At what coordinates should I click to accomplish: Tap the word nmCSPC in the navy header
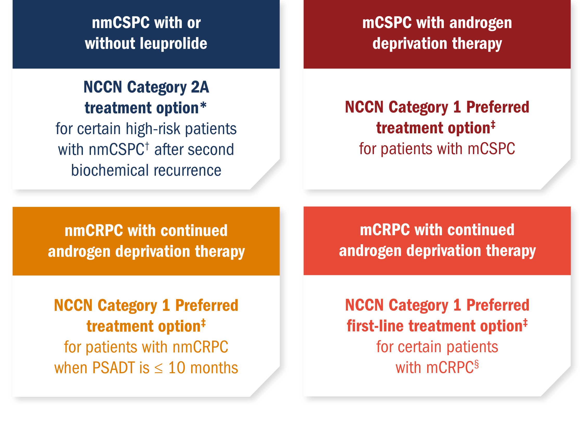pos(121,23)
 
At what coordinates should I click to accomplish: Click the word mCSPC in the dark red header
pos(387,23)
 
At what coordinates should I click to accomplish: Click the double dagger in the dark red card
pos(493,124)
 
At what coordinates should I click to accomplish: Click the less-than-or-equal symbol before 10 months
pos(159,369)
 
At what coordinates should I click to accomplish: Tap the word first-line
pos(375,326)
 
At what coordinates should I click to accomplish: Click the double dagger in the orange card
pos(203,323)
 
